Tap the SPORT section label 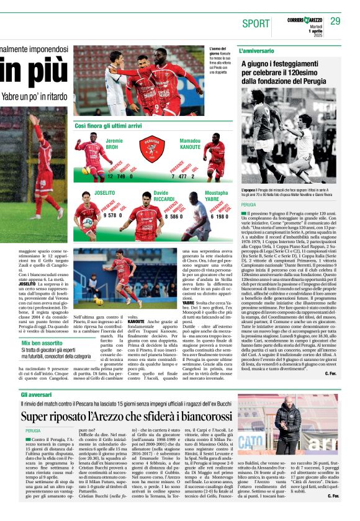(256, 24)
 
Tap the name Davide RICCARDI (164, 197)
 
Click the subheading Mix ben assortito (42, 342)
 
